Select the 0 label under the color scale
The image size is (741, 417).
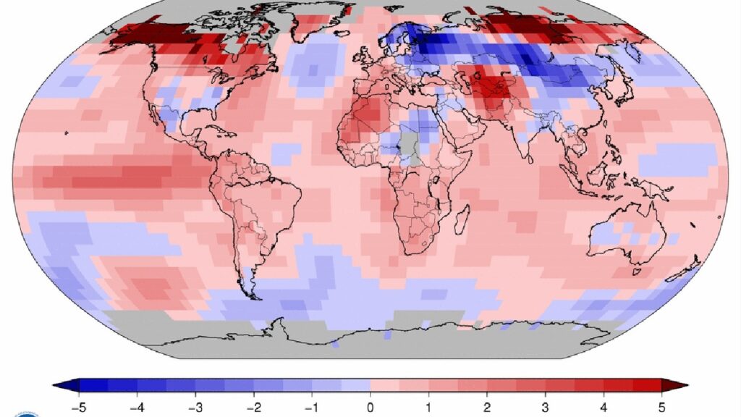[x=370, y=407]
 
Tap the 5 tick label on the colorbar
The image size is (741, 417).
[x=661, y=407]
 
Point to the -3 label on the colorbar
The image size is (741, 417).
[x=195, y=407]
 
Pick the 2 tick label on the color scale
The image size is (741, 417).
[x=487, y=407]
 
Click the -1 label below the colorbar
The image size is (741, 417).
[x=312, y=407]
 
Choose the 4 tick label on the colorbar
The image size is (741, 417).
[x=604, y=407]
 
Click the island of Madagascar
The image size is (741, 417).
[x=462, y=219]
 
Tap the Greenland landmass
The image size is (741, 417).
[x=321, y=21]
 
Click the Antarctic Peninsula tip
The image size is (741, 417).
[x=276, y=321]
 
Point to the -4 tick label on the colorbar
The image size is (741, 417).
[x=137, y=407]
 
